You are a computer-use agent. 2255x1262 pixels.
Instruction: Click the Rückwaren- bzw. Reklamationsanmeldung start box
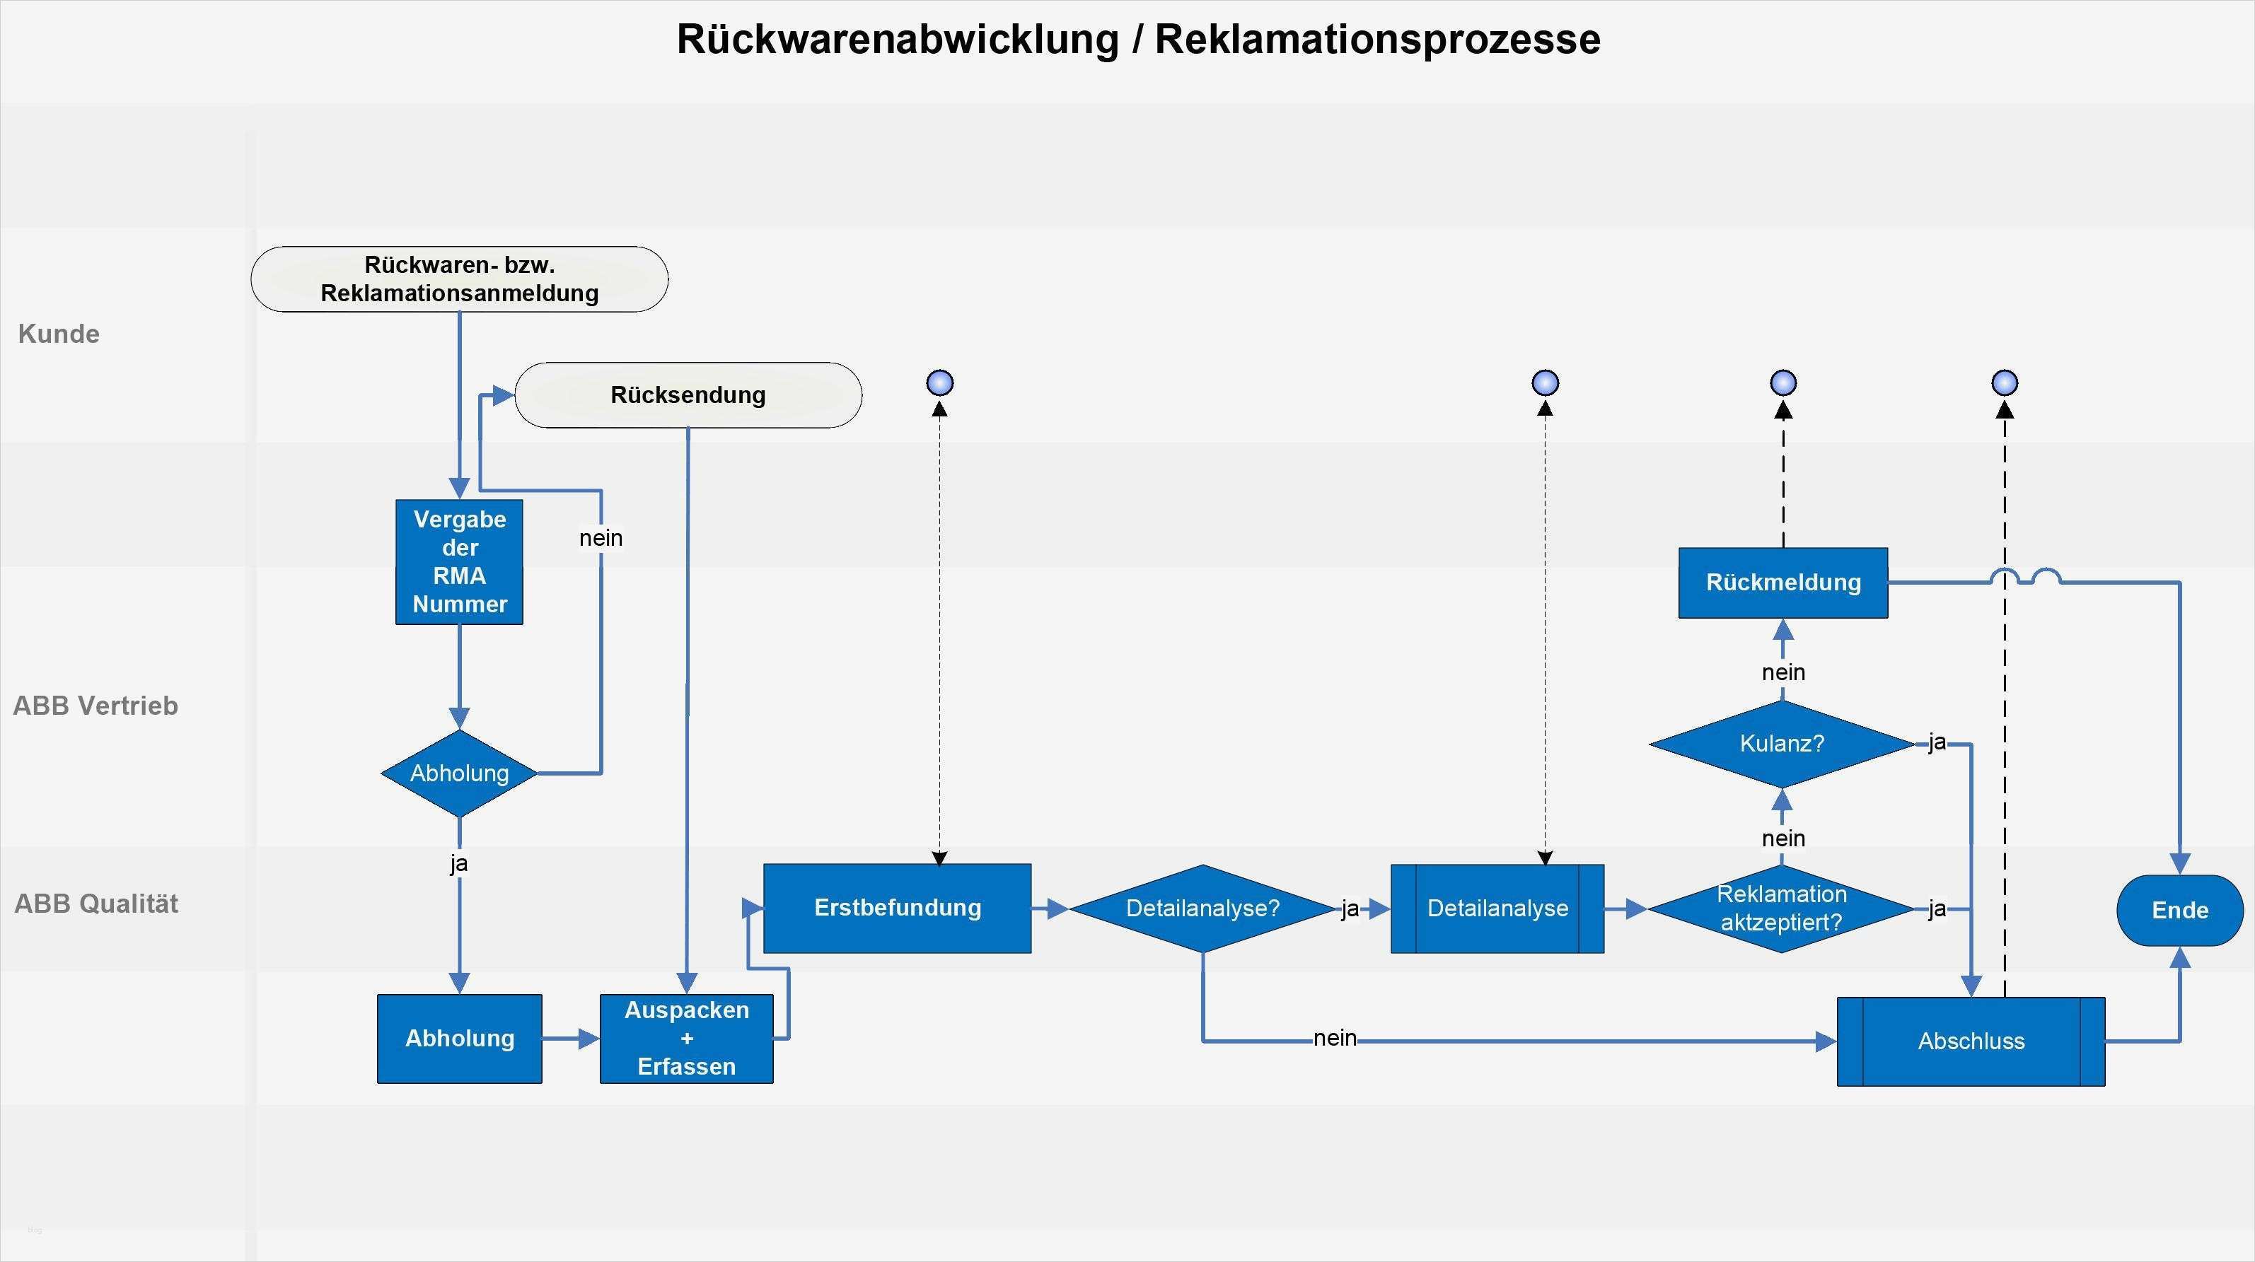click(460, 279)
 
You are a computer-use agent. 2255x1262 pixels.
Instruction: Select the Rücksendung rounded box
click(688, 395)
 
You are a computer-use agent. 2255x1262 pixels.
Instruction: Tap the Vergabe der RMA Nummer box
click(460, 562)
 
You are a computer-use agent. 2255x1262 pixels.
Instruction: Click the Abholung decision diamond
click(460, 773)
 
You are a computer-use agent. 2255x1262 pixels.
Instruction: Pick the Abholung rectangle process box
click(460, 1039)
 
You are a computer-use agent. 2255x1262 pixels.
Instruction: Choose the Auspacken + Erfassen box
click(686, 1039)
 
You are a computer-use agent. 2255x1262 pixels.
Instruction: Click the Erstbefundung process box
click(898, 908)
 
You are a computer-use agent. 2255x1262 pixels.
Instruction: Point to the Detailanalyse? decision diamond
click(1202, 908)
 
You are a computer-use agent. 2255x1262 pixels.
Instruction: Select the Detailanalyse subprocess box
click(1497, 908)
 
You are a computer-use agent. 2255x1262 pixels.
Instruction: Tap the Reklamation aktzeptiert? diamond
click(1781, 908)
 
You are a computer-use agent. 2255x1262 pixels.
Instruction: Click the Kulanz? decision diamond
click(1781, 744)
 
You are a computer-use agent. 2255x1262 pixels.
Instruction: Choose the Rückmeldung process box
click(1783, 583)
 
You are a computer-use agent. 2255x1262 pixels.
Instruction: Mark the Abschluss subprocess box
click(1971, 1041)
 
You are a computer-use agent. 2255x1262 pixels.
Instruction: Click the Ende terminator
click(2180, 910)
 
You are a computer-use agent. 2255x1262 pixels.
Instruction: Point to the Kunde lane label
click(59, 334)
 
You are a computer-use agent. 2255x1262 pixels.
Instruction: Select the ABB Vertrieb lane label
click(95, 706)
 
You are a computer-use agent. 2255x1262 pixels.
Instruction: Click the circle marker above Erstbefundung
click(939, 383)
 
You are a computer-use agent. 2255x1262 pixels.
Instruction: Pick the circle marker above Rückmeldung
click(1783, 383)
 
